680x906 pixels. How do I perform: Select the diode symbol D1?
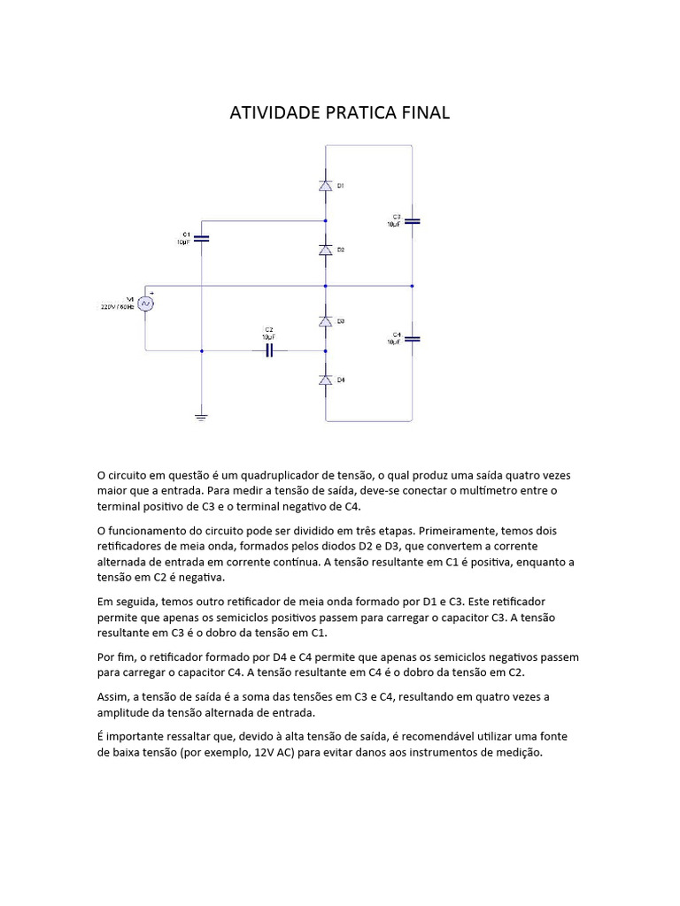click(x=325, y=186)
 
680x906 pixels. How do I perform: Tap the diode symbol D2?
click(x=325, y=250)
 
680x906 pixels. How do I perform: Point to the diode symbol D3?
click(x=325, y=320)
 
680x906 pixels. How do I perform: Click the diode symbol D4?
click(x=325, y=380)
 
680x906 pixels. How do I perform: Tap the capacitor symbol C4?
click(x=413, y=339)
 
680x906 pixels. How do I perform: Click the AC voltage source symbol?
click(x=144, y=303)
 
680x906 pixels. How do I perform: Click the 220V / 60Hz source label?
click(x=116, y=306)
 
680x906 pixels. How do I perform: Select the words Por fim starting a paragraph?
click(x=116, y=657)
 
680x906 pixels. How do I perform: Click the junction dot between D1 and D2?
click(x=325, y=221)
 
